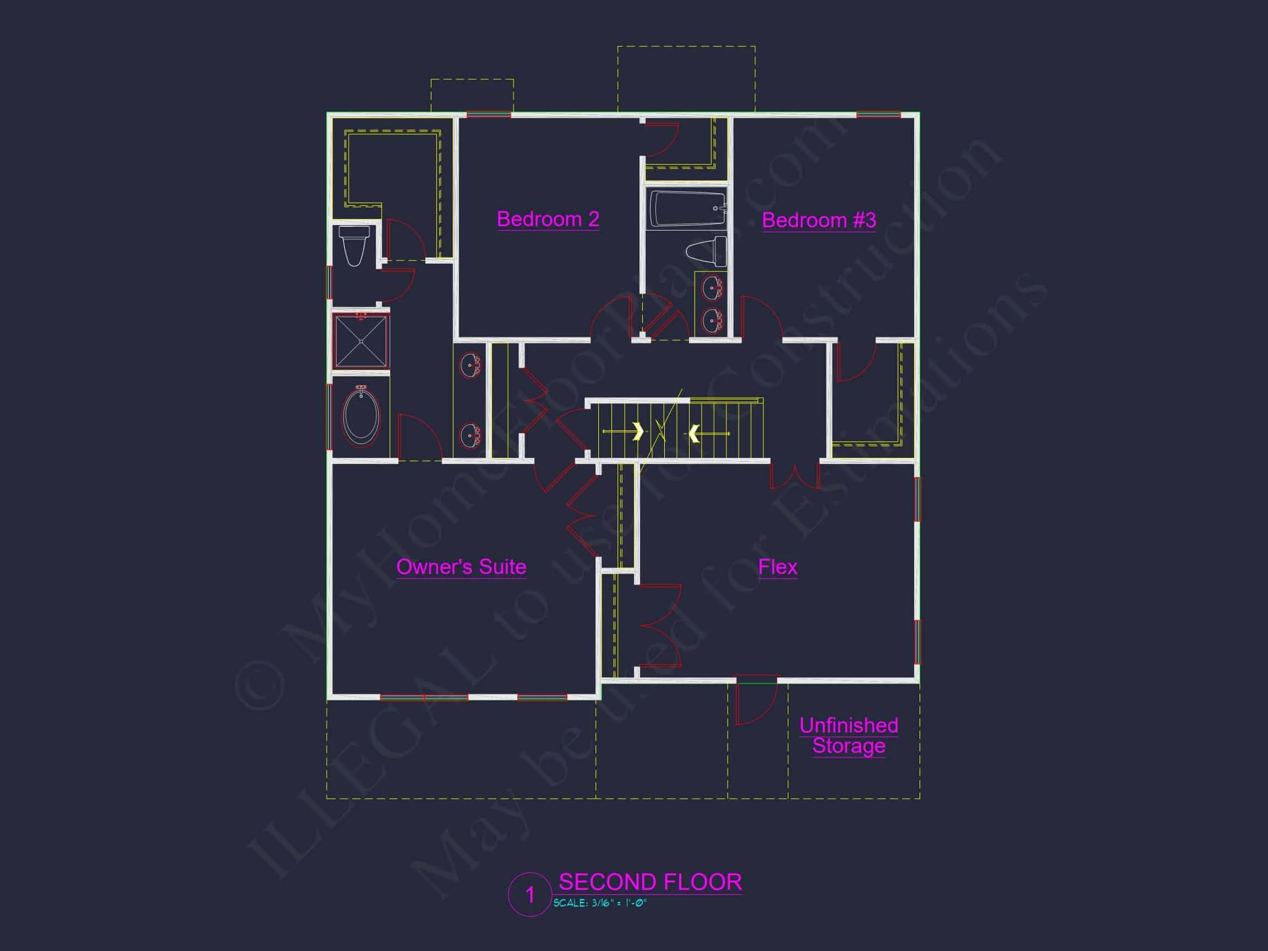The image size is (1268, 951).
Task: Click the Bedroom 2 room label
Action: click(548, 219)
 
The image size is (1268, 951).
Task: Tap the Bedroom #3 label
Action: click(818, 220)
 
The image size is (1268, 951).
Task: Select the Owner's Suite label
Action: click(461, 567)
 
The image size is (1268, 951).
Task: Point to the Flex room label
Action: click(777, 567)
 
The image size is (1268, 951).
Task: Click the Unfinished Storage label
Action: click(849, 735)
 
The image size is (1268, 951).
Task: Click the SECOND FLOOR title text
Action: click(650, 882)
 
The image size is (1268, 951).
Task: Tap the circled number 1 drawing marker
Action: click(529, 895)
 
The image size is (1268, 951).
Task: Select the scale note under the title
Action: click(600, 904)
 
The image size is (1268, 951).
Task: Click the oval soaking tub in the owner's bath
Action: click(361, 417)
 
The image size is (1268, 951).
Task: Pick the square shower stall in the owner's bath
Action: click(361, 341)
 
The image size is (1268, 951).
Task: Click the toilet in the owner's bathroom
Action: click(354, 245)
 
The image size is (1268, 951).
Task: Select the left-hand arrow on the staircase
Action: click(637, 431)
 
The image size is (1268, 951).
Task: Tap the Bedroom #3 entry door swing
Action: click(760, 316)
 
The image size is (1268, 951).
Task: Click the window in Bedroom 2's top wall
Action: click(488, 115)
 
